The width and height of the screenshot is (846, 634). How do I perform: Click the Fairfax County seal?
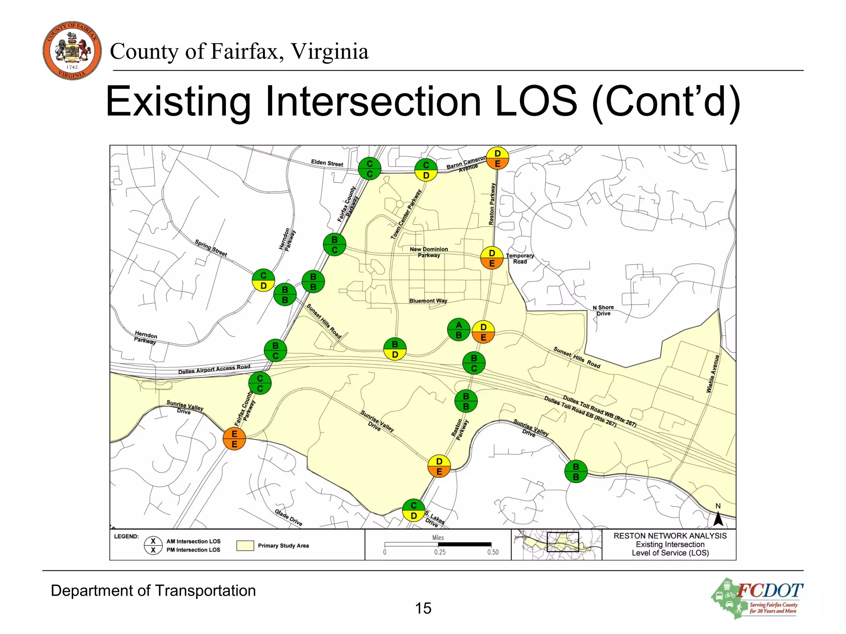pos(72,50)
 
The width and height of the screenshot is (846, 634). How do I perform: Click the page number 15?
pos(423,608)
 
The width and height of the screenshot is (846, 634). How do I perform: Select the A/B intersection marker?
pos(459,330)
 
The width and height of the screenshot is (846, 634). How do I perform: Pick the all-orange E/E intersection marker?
pos(234,439)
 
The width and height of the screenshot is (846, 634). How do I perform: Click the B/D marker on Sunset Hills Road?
pos(395,349)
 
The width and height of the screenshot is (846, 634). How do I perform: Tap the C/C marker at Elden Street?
pos(369,168)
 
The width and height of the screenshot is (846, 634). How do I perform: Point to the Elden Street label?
pos(327,163)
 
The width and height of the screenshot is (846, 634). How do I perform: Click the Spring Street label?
pos(211,248)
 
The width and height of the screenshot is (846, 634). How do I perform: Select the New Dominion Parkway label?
pos(429,252)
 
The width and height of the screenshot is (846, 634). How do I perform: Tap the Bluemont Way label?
pos(428,301)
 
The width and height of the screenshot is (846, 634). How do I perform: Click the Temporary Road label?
pos(520,258)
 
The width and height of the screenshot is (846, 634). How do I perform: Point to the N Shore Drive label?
pos(603,310)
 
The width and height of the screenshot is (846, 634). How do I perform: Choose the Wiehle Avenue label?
pos(713,374)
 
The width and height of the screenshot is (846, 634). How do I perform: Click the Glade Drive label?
pos(288,518)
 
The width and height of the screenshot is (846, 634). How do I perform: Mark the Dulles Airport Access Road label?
pos(214,369)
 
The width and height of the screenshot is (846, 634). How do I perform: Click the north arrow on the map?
pos(718,518)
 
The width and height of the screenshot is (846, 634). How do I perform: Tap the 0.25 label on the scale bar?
pos(440,552)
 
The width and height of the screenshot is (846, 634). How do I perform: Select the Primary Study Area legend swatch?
pos(245,546)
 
